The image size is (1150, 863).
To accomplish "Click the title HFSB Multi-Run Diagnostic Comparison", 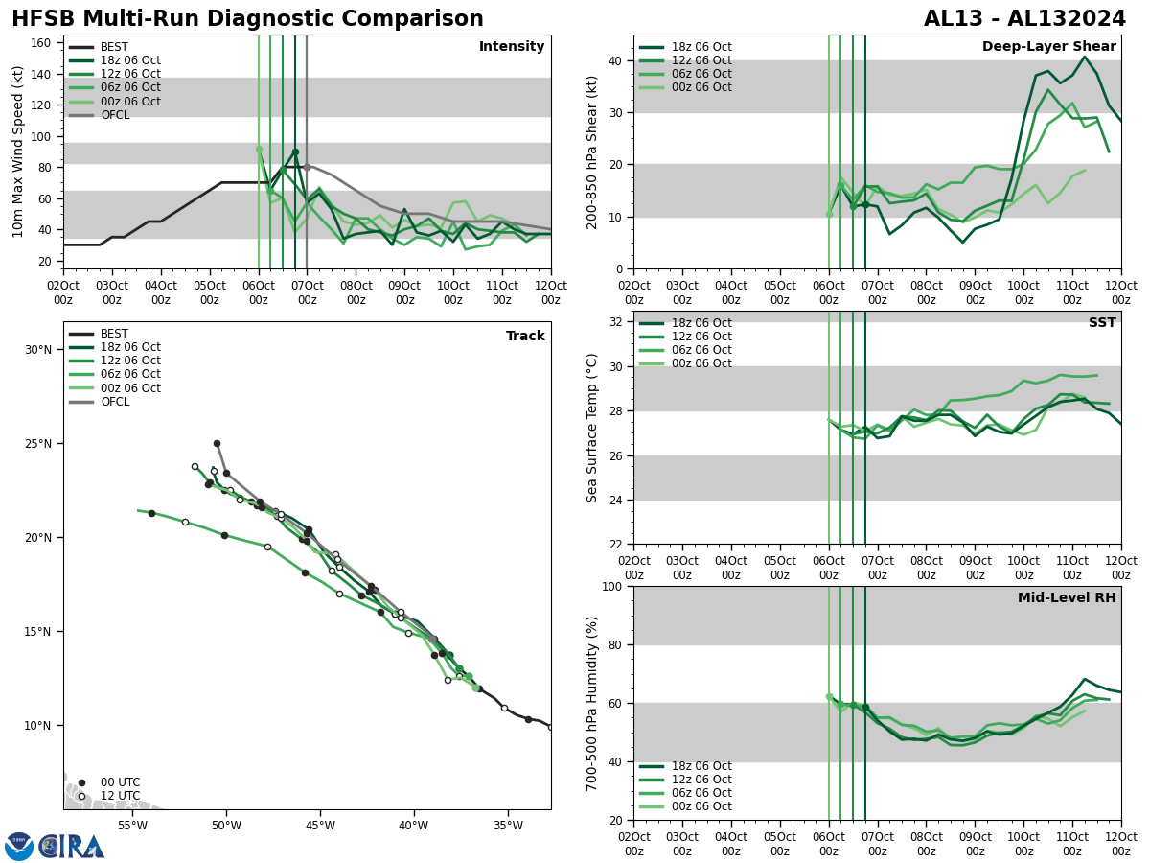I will (x=247, y=19).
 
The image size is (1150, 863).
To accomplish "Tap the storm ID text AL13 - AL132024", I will (x=1024, y=19).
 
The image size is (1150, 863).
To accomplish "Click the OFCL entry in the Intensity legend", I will (x=114, y=115).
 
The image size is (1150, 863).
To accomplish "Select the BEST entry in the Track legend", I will (x=114, y=334).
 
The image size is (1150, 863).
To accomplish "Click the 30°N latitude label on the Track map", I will (x=39, y=349).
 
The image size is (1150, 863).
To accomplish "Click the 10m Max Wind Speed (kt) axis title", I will (x=19, y=152).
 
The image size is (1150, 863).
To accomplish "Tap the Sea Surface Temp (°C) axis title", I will (x=592, y=428).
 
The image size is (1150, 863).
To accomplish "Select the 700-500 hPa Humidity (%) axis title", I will (x=592, y=704).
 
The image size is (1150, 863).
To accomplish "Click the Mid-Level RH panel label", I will (x=1066, y=598).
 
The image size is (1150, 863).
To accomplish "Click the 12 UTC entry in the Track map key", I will (x=120, y=796).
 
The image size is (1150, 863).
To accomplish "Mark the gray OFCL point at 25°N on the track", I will (x=217, y=443).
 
